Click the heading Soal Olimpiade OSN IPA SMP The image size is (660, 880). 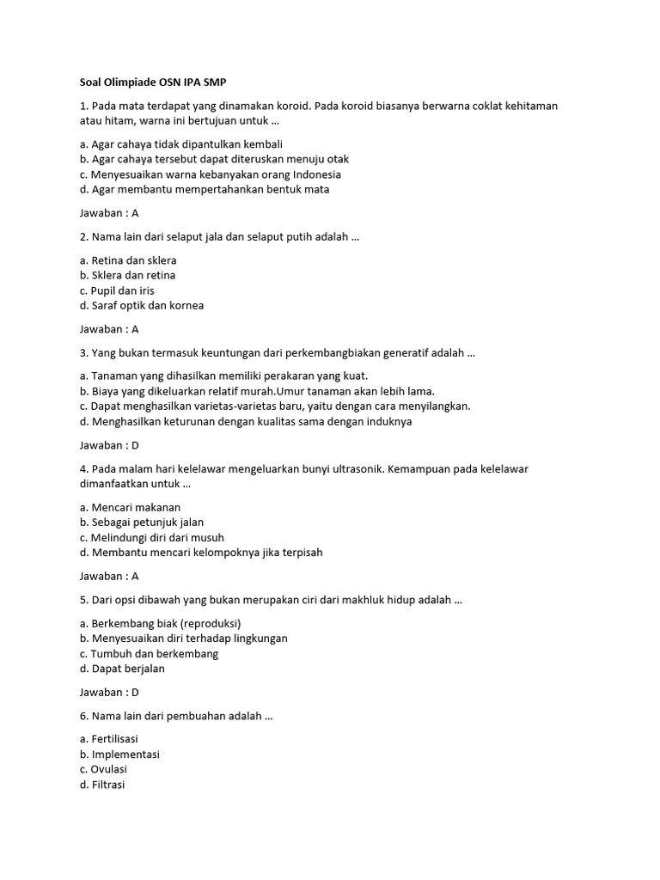[x=147, y=82]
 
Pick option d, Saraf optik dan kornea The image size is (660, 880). [x=142, y=305]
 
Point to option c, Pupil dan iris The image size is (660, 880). [x=117, y=290]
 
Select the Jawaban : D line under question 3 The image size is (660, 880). [x=109, y=445]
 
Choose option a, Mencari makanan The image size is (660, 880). [x=130, y=507]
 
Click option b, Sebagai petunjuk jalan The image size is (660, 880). [x=141, y=522]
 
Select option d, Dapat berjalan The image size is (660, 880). [x=122, y=669]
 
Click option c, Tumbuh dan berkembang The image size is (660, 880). [x=149, y=653]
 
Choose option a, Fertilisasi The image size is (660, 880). [x=108, y=739]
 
